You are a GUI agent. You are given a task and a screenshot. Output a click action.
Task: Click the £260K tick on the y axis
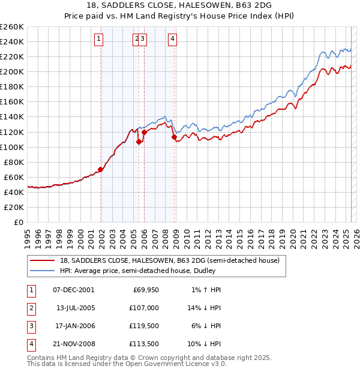12,26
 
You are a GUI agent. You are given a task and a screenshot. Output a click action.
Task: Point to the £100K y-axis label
12,147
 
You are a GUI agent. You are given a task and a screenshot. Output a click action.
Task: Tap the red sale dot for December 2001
101,169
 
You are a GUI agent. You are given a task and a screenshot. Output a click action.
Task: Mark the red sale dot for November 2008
175,137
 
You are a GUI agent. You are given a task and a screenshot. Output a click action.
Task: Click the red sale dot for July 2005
139,142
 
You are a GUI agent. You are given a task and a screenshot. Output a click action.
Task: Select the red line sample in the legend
42,260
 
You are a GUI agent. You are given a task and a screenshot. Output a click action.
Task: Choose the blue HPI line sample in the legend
42,271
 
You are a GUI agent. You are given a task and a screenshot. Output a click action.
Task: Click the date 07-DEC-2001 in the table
74,290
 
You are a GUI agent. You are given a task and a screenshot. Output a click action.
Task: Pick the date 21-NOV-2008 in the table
74,344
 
